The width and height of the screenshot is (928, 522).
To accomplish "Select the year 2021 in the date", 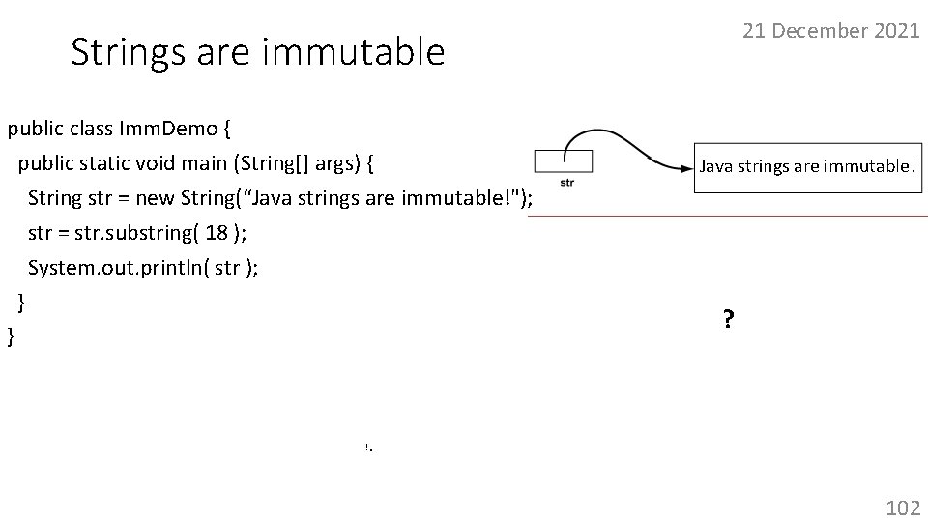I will click(895, 30).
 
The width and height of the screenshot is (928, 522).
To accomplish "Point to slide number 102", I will click(903, 507).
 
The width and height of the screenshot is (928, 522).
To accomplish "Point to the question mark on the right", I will click(726, 319).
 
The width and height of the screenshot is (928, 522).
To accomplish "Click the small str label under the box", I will click(566, 183).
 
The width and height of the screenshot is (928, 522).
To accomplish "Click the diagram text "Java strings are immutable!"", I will click(805, 166).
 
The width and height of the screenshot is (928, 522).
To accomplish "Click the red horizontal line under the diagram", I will click(725, 217).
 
